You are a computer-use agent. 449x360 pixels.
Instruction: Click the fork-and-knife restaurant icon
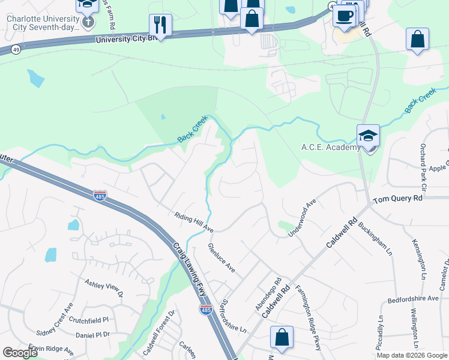click(x=160, y=25)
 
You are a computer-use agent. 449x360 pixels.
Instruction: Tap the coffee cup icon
click(x=345, y=16)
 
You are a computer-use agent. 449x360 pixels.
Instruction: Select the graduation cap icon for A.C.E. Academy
click(x=368, y=136)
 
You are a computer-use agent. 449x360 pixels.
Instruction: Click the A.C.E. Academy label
click(x=328, y=148)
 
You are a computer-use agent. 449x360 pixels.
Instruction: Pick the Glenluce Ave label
click(x=221, y=257)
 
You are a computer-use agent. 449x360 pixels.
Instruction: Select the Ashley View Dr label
click(x=103, y=287)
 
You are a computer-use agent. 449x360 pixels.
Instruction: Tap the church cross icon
click(x=88, y=23)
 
